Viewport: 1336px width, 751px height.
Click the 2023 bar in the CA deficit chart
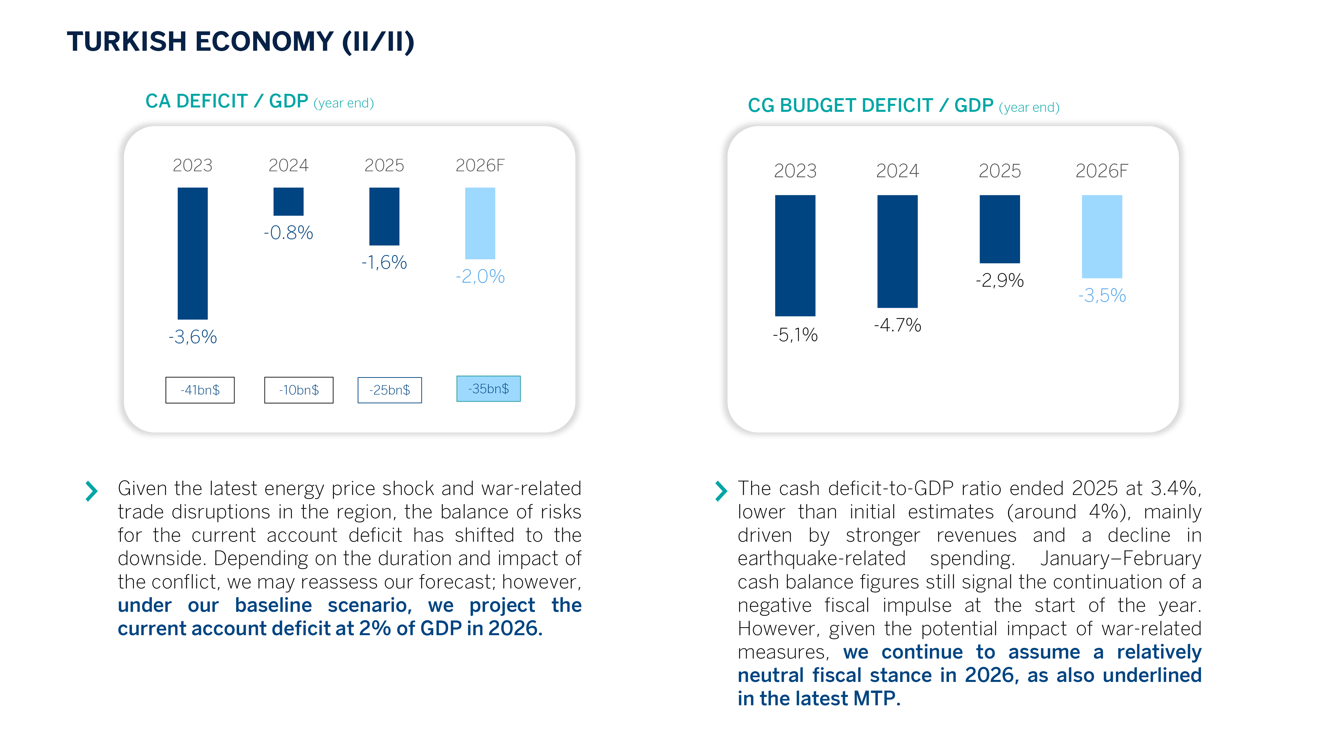pyautogui.click(x=192, y=253)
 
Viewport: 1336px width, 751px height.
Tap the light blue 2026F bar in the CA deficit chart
pyautogui.click(x=480, y=223)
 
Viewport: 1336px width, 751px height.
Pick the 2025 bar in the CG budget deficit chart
pyautogui.click(x=999, y=229)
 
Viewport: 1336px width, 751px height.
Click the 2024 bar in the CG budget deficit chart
pyautogui.click(x=897, y=251)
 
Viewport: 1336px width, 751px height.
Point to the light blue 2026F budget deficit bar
pyautogui.click(x=1102, y=236)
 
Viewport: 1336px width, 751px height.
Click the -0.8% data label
pyautogui.click(x=288, y=233)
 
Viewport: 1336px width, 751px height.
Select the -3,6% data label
pyautogui.click(x=192, y=337)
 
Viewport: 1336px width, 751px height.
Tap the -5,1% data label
pyautogui.click(x=795, y=335)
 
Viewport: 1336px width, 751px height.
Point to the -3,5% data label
pyautogui.click(x=1102, y=295)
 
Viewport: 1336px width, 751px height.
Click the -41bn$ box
pyautogui.click(x=200, y=390)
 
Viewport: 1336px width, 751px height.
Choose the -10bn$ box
pyautogui.click(x=299, y=390)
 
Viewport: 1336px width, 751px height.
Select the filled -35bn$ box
pyautogui.click(x=488, y=389)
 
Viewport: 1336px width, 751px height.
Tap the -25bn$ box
pyautogui.click(x=389, y=390)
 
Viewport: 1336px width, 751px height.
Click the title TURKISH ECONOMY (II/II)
pyautogui.click(x=240, y=41)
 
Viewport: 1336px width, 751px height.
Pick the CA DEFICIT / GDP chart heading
pyautogui.click(x=227, y=101)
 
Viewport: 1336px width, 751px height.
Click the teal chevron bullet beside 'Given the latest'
pyautogui.click(x=91, y=491)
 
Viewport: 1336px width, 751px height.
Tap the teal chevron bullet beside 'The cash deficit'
pyautogui.click(x=720, y=491)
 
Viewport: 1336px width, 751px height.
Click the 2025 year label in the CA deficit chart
pyautogui.click(x=384, y=165)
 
